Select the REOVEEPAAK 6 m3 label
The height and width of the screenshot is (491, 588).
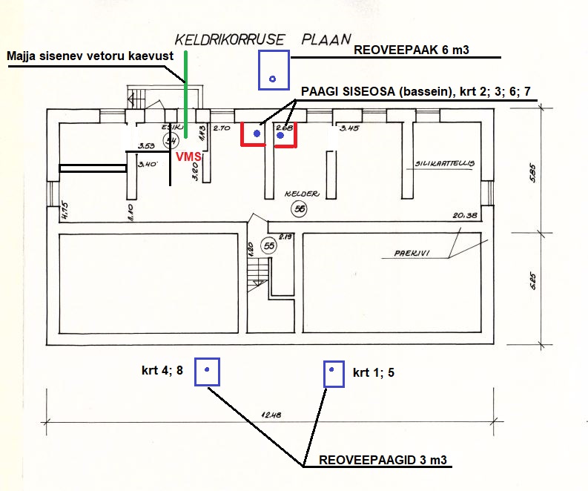click(x=413, y=50)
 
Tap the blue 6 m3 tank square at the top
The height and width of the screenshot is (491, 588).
click(x=273, y=70)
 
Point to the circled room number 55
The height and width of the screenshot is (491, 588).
click(x=269, y=244)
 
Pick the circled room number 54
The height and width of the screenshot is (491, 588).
click(x=171, y=140)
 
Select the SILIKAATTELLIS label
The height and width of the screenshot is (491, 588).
click(x=444, y=163)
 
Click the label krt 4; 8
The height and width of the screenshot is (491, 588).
click(x=162, y=368)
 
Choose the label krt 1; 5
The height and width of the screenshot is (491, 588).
click(x=373, y=372)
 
